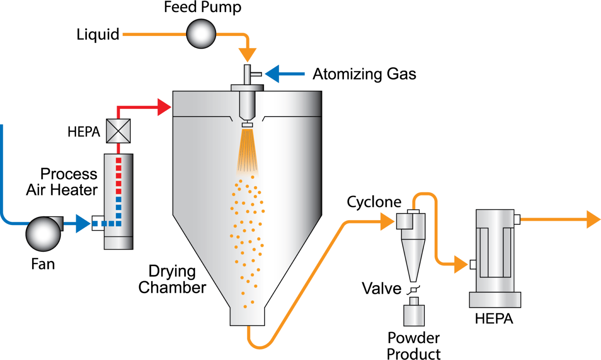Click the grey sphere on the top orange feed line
point(201,34)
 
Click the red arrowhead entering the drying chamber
point(165,107)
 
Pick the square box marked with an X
point(118,131)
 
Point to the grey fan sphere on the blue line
point(43,233)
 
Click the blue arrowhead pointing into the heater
point(83,223)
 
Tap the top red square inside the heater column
point(119,160)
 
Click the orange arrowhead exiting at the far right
point(593,219)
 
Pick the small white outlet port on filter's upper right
point(517,220)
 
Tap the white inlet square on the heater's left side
point(97,223)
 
